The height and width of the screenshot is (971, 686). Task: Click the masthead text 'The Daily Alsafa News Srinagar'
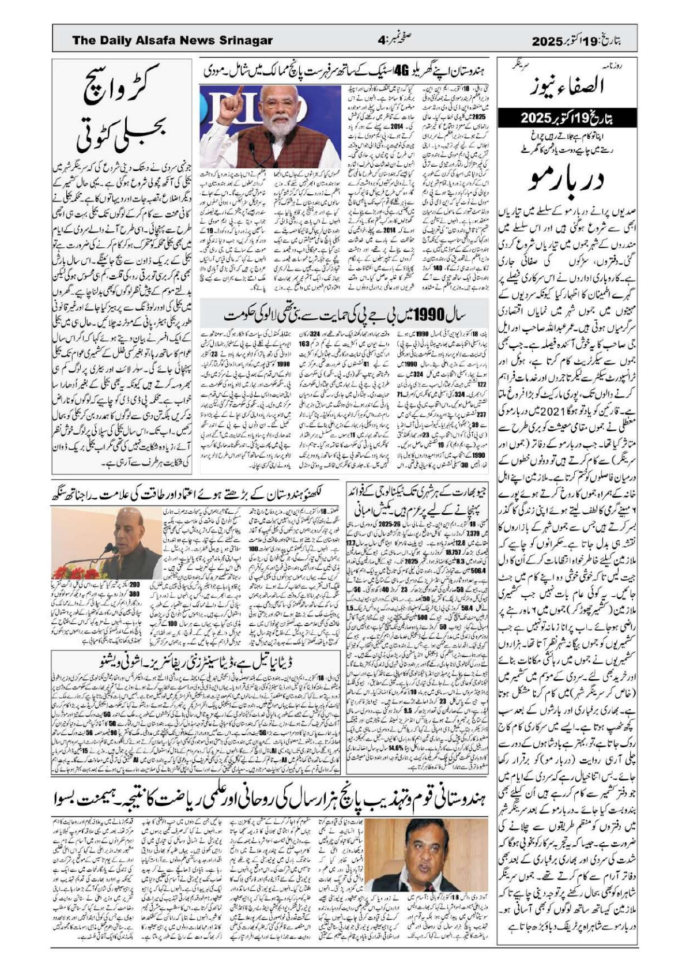click(172, 40)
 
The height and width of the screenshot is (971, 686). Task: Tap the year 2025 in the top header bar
click(546, 41)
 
